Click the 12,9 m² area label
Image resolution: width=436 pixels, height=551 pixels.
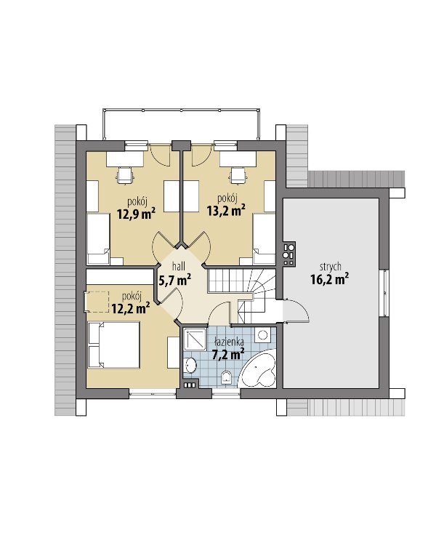pyautogui.click(x=137, y=214)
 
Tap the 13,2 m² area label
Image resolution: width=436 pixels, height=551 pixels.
pyautogui.click(x=226, y=210)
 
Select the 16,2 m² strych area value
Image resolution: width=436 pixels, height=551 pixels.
pyautogui.click(x=330, y=279)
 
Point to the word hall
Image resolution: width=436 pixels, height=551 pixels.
pyautogui.click(x=179, y=266)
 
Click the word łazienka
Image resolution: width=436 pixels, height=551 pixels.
pyautogui.click(x=230, y=341)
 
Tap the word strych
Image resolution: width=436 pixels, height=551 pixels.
pyautogui.click(x=330, y=267)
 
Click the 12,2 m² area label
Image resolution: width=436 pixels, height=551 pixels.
pyautogui.click(x=131, y=308)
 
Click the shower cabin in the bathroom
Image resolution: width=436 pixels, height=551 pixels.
pyautogui.click(x=195, y=339)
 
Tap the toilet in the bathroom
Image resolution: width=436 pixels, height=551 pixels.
pyautogui.click(x=227, y=378)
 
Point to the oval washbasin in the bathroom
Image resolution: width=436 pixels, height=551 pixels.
pyautogui.click(x=191, y=365)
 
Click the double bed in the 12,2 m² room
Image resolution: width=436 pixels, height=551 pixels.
pyautogui.click(x=114, y=345)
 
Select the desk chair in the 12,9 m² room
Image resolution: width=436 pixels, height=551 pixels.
pyautogui.click(x=126, y=175)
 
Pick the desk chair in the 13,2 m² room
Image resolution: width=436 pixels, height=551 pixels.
pyautogui.click(x=238, y=175)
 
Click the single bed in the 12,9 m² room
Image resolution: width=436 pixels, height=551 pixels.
pyautogui.click(x=98, y=239)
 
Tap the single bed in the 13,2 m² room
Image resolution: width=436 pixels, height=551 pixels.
pyautogui.click(x=264, y=239)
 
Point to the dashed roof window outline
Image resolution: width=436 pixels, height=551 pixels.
pyautogui.click(x=97, y=302)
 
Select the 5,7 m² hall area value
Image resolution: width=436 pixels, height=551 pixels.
pyautogui.click(x=175, y=280)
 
